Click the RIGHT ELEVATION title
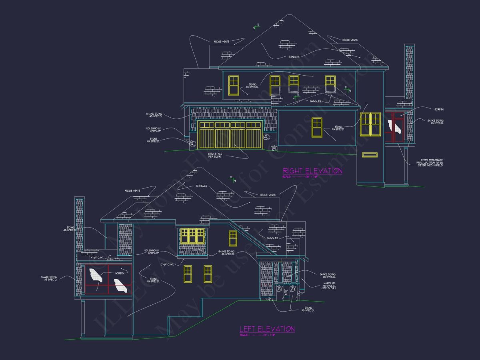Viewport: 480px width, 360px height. pyautogui.click(x=312, y=171)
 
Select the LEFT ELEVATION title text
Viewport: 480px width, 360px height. pyautogui.click(x=267, y=329)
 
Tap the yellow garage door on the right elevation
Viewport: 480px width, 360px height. pyautogui.click(x=230, y=134)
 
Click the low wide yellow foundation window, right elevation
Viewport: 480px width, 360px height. pyautogui.click(x=369, y=154)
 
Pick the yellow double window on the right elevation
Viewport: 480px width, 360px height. pyautogui.click(x=370, y=124)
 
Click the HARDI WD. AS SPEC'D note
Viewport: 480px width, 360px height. pyautogui.click(x=327, y=286)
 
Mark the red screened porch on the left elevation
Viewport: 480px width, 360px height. pyautogui.click(x=108, y=280)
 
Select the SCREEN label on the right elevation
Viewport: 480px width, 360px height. pyautogui.click(x=438, y=109)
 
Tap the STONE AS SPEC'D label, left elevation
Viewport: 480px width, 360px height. pyautogui.click(x=308, y=310)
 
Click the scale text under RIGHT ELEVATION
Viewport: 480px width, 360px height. pyautogui.click(x=300, y=176)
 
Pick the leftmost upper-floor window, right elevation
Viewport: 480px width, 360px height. pyautogui.click(x=233, y=85)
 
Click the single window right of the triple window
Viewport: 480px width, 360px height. pyautogui.click(x=233, y=238)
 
